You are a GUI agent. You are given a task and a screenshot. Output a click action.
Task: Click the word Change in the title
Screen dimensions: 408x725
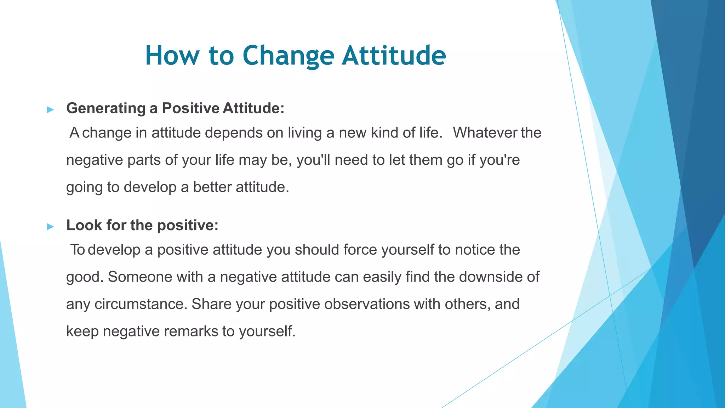pyautogui.click(x=288, y=56)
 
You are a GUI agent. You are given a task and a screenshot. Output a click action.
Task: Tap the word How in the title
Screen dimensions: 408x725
pyautogui.click(x=172, y=56)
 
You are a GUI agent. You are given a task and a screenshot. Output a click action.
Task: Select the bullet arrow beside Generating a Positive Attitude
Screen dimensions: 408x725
pyautogui.click(x=50, y=110)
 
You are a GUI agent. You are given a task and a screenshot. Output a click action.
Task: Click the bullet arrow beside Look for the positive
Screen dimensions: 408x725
pyautogui.click(x=50, y=227)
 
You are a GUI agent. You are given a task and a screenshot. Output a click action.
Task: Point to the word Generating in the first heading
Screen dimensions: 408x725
pyautogui.click(x=105, y=108)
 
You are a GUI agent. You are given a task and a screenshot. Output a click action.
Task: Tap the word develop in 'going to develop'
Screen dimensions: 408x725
pyautogui.click(x=150, y=187)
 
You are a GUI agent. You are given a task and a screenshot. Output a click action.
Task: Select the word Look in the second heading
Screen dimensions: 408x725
pyautogui.click(x=84, y=225)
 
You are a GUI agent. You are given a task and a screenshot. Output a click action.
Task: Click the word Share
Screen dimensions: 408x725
pyautogui.click(x=211, y=304)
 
